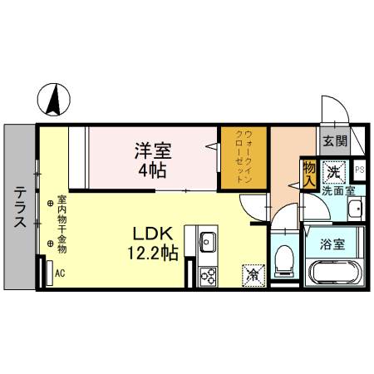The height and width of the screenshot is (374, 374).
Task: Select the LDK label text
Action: (x=154, y=234)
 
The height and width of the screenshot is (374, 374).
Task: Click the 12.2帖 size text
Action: (x=154, y=253)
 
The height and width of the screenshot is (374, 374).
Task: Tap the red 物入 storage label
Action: (x=309, y=172)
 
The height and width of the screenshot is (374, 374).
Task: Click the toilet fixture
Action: (x=283, y=260)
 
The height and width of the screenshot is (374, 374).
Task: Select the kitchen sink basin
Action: (x=208, y=244)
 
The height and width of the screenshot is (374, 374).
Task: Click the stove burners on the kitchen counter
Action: (x=208, y=275)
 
